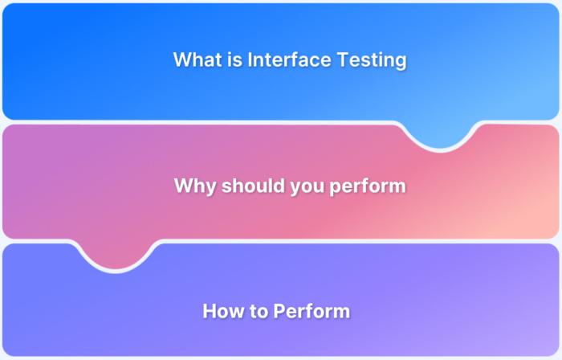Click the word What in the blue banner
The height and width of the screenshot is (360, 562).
tap(195, 59)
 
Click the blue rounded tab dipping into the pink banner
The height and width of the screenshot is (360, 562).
tap(440, 137)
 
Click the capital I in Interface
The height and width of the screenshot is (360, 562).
tap(250, 59)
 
